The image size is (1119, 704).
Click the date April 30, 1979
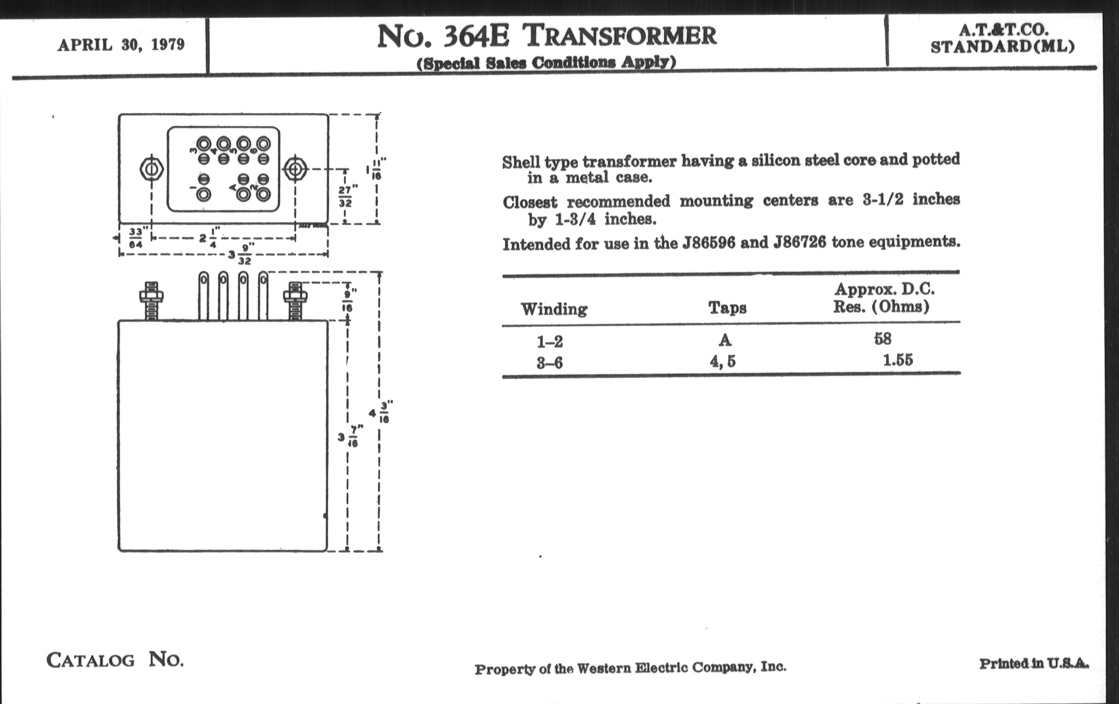click(121, 45)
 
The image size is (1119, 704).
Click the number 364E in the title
click(475, 37)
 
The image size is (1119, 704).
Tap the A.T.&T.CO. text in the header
click(1003, 30)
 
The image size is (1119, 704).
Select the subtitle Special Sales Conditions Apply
click(546, 63)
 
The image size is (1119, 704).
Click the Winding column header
click(554, 309)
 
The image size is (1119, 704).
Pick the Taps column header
click(727, 308)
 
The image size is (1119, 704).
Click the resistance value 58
click(883, 339)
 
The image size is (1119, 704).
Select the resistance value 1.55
click(898, 360)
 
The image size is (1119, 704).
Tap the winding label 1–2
click(550, 342)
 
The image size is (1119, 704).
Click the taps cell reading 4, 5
click(722, 362)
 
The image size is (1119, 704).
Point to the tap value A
click(725, 340)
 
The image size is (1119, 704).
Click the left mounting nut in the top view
click(151, 170)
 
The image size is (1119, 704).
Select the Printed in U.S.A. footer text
click(1033, 664)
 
